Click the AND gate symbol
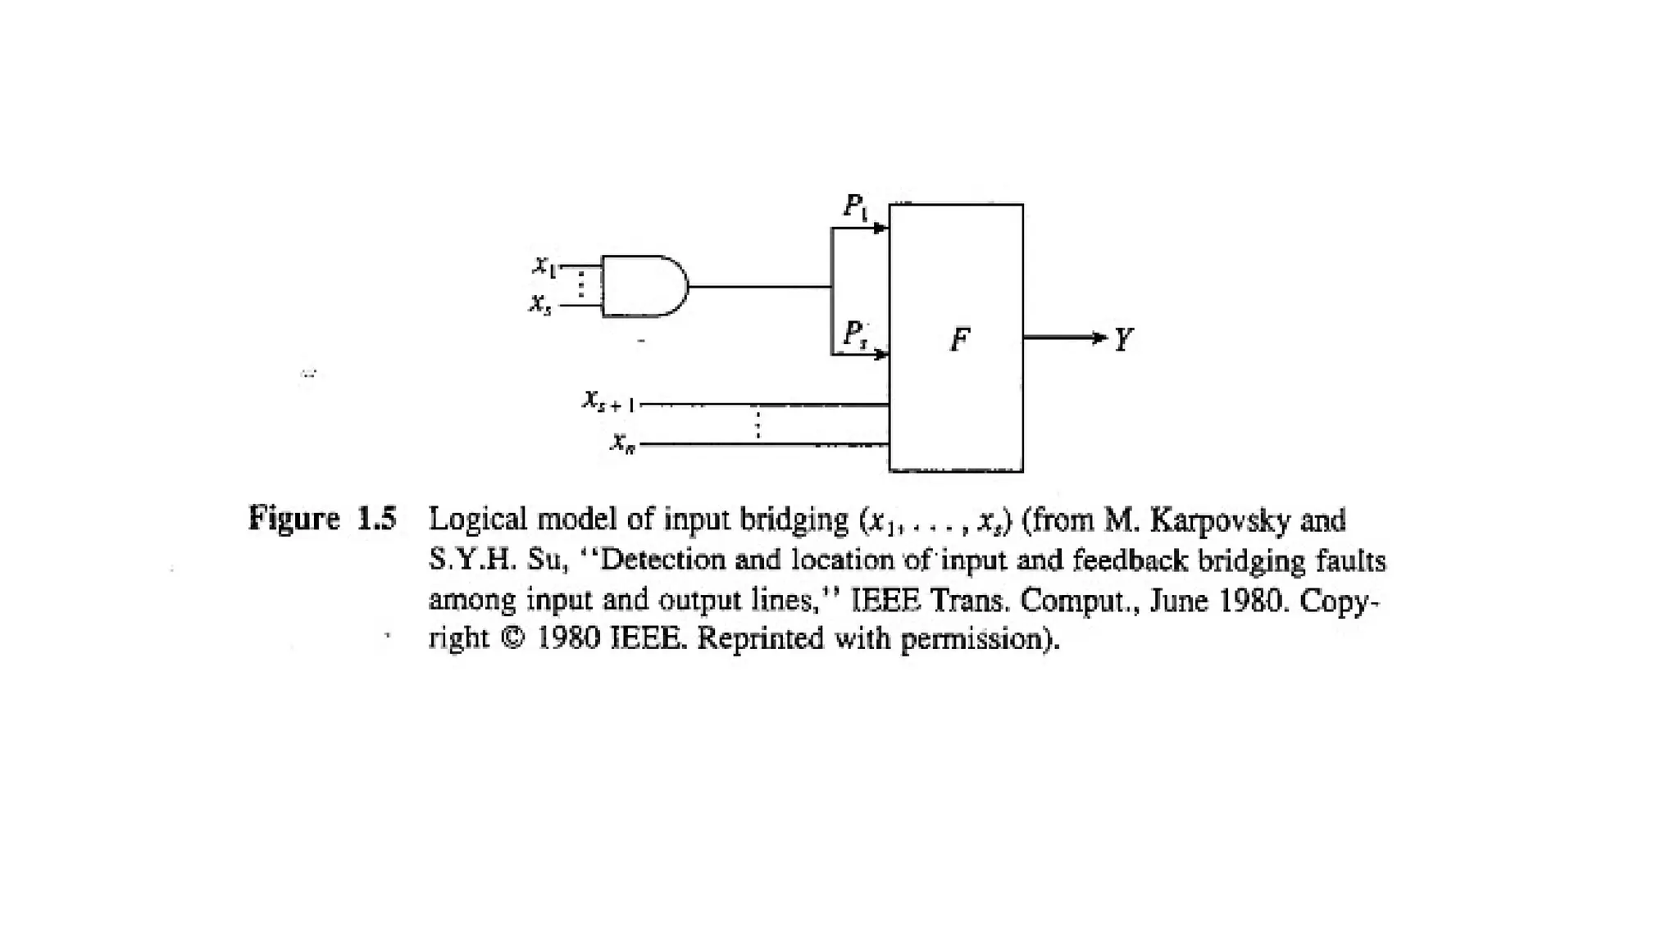pos(644,286)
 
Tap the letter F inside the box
pos(959,338)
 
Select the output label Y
pos(1123,338)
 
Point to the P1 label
pos(855,206)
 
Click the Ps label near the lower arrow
pos(855,334)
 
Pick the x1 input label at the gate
pos(544,265)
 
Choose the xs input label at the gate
pos(540,304)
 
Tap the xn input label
pos(623,443)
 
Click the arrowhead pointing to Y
pos(1099,338)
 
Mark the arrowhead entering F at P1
pos(881,228)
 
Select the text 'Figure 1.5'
pos(322,519)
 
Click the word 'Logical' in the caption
pos(477,520)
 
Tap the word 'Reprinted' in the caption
pos(760,638)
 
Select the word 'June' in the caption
pos(1181,601)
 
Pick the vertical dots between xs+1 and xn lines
pos(758,424)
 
